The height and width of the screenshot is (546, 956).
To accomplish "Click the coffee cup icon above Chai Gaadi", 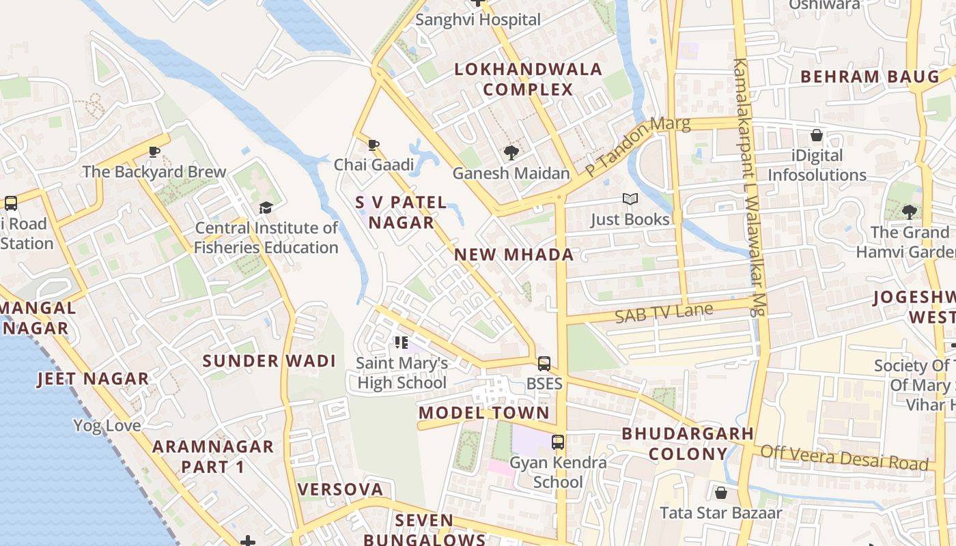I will [x=373, y=145].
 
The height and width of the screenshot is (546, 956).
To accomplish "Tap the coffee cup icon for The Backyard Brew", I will [x=154, y=152].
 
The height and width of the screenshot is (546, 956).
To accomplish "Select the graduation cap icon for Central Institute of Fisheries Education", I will [x=266, y=207].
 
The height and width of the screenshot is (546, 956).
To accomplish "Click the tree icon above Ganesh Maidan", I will [x=511, y=153].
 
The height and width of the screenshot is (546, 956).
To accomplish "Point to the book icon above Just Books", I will [x=630, y=199].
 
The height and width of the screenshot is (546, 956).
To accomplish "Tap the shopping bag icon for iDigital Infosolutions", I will [x=816, y=135].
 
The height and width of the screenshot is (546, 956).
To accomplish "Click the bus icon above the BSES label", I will [x=544, y=364].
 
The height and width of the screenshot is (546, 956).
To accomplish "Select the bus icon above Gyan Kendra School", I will [x=558, y=442].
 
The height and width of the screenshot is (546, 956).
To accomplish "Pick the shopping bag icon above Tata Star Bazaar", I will [x=720, y=493].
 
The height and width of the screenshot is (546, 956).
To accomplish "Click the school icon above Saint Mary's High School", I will [x=402, y=343].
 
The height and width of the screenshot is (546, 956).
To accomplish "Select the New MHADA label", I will [x=514, y=255].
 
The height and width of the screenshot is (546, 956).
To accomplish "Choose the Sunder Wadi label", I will [x=269, y=361].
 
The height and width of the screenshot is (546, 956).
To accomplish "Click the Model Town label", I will [x=483, y=412].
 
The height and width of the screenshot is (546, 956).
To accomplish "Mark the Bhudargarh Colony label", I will [x=688, y=444].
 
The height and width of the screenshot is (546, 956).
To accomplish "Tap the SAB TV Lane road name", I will [x=664, y=313].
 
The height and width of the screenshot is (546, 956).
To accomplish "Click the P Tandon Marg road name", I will [x=638, y=145].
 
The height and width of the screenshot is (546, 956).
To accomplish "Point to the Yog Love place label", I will [x=107, y=426].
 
